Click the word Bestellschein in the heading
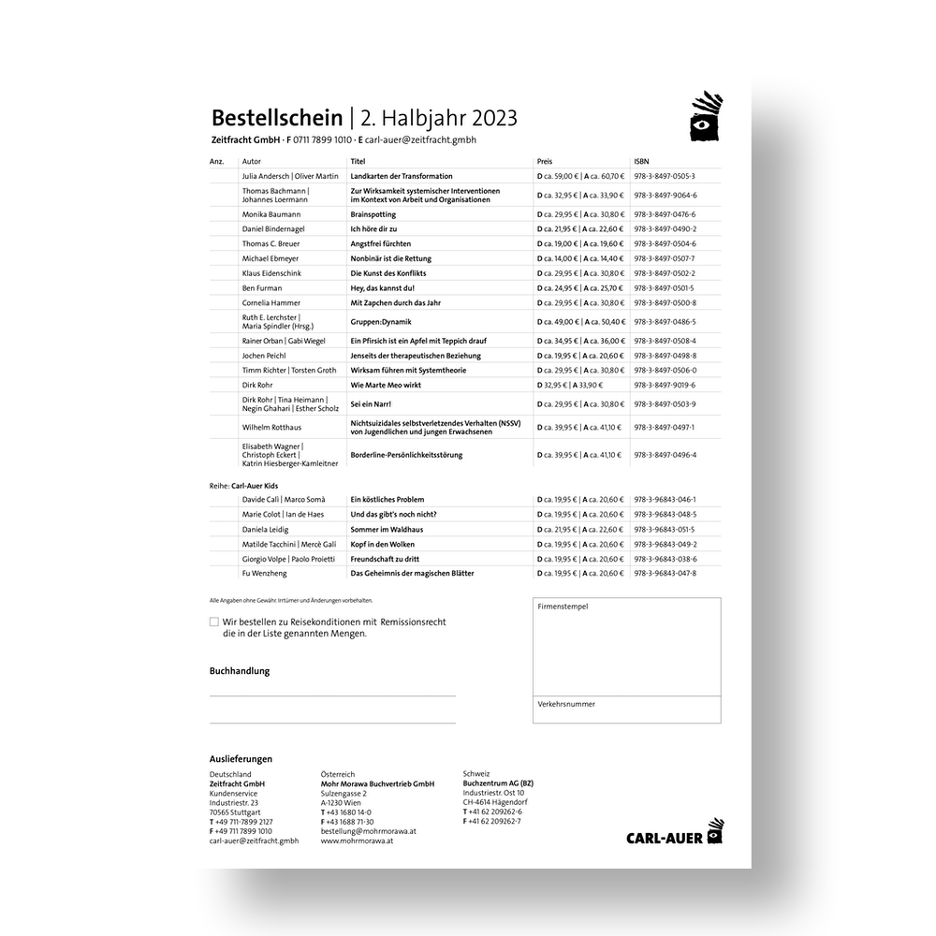tap(276, 118)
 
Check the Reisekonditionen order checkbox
tap(214, 622)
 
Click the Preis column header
tap(545, 162)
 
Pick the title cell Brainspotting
tap(373, 213)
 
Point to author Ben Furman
tap(261, 288)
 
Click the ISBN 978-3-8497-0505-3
tap(665, 176)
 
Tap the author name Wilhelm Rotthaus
tap(272, 428)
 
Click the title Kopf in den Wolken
tap(382, 544)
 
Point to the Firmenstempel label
tap(563, 607)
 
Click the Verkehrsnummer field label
tap(565, 704)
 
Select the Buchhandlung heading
tap(240, 671)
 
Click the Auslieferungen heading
tap(241, 759)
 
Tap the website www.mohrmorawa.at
tap(357, 841)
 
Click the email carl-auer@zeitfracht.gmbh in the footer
tap(254, 841)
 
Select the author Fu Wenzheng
tap(264, 573)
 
